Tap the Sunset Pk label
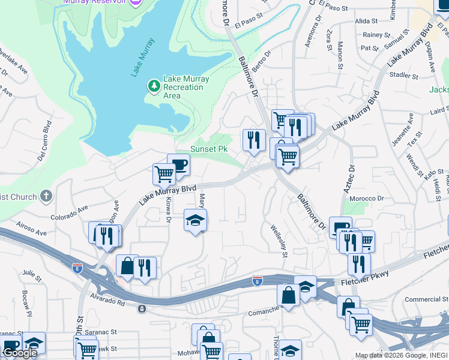(x=209, y=149)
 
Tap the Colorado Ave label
(x=69, y=212)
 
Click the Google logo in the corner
(x=19, y=353)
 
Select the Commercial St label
(x=423, y=299)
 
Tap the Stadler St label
(x=403, y=76)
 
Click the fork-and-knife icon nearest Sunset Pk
(x=253, y=140)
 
